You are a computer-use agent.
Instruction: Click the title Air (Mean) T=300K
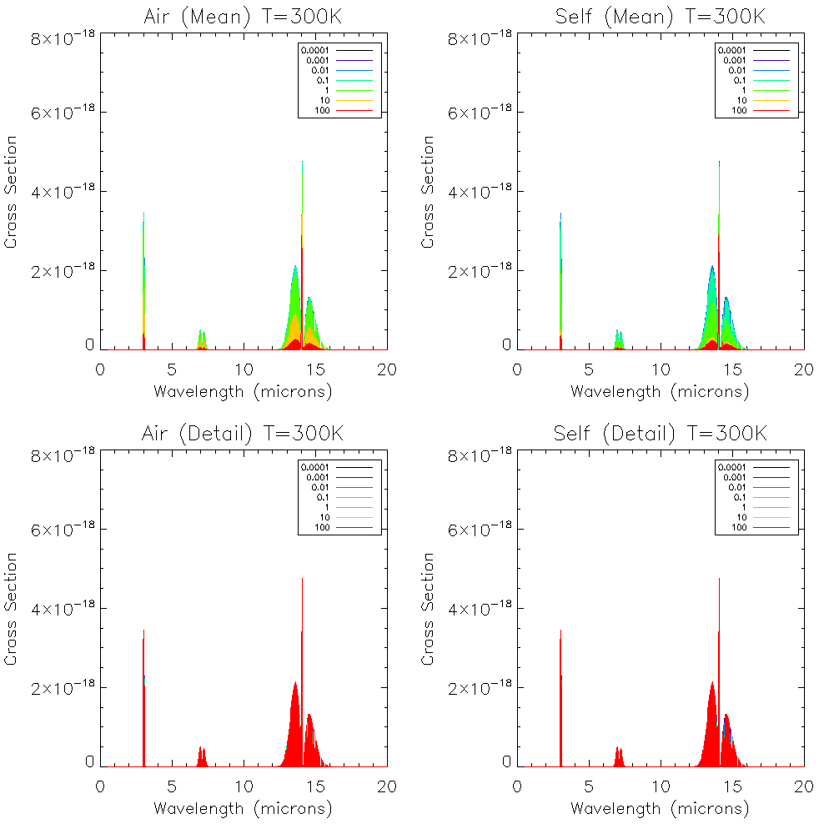pos(243,17)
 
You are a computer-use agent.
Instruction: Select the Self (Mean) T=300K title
pos(660,17)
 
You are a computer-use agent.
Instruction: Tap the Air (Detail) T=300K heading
pos(243,434)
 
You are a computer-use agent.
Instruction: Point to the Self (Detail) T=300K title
pos(660,434)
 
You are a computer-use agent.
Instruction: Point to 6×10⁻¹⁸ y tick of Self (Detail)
pos(477,530)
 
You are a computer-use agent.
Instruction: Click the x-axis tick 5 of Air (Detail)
pos(172,786)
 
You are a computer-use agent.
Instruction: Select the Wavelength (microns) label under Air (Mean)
pos(243,391)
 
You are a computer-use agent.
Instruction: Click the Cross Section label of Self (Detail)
pos(428,609)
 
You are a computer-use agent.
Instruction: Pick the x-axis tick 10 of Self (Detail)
pos(661,786)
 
